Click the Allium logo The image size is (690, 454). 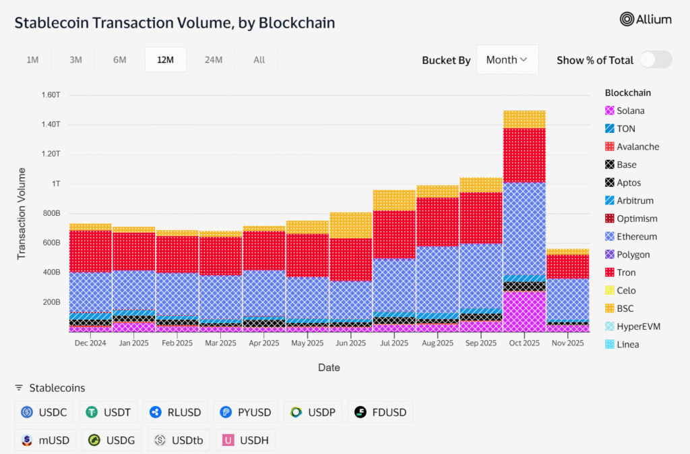(x=646, y=20)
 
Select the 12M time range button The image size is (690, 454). (x=165, y=60)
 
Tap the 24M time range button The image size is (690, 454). (x=214, y=60)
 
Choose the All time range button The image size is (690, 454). (x=259, y=60)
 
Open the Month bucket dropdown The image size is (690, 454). (x=507, y=60)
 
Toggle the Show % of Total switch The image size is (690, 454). (x=655, y=60)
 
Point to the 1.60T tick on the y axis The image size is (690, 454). (x=51, y=95)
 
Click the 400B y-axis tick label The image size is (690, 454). (x=51, y=273)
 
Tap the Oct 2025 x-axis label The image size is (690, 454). (x=524, y=343)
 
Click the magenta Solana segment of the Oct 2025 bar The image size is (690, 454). (x=524, y=311)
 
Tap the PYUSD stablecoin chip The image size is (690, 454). (x=245, y=412)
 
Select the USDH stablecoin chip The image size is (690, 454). (x=245, y=441)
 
